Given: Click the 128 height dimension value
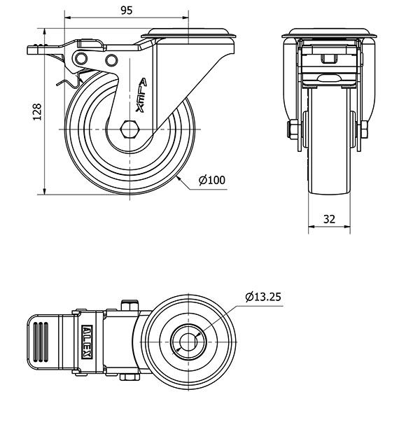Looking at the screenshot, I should [x=37, y=112].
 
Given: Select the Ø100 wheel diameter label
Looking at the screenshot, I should [x=211, y=180].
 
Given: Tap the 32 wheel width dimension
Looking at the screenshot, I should [x=330, y=218].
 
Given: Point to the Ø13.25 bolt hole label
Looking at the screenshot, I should [x=264, y=297].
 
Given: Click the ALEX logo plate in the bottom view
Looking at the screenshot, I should [x=87, y=342].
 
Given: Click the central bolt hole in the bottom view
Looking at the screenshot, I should [x=188, y=342].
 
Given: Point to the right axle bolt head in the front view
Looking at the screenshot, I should [x=365, y=129].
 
